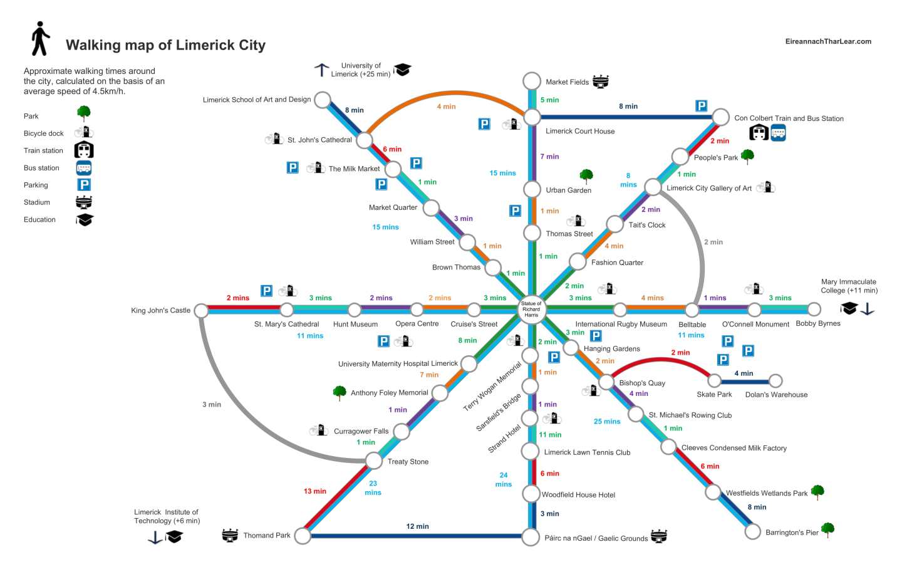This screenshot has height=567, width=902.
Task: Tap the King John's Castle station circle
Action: tap(201, 311)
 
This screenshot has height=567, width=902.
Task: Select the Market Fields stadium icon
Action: tap(600, 81)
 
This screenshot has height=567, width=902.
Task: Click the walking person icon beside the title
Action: tap(41, 39)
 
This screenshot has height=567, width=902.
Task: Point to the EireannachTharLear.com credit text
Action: tap(828, 41)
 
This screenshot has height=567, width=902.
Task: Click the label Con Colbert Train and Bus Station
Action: tap(789, 118)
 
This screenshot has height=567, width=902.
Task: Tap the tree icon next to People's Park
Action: tap(747, 156)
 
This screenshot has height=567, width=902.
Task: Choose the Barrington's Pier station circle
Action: tap(752, 531)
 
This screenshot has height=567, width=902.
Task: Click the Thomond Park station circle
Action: tap(303, 536)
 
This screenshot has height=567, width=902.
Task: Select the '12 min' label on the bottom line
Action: tap(417, 526)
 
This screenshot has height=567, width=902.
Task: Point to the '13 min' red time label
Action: tap(315, 491)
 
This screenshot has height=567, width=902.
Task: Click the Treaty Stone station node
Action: tap(374, 461)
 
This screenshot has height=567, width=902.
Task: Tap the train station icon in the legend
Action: tap(84, 150)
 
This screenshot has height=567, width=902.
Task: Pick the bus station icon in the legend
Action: tap(84, 168)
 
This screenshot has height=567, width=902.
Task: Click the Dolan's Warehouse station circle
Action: tap(775, 381)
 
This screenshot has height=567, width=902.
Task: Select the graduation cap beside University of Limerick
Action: tap(402, 70)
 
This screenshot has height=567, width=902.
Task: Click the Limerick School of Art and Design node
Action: tap(323, 100)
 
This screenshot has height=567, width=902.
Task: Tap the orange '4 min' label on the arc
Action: tap(446, 107)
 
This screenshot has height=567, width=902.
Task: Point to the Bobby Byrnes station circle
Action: tap(814, 309)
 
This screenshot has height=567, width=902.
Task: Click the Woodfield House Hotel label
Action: tap(578, 495)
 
